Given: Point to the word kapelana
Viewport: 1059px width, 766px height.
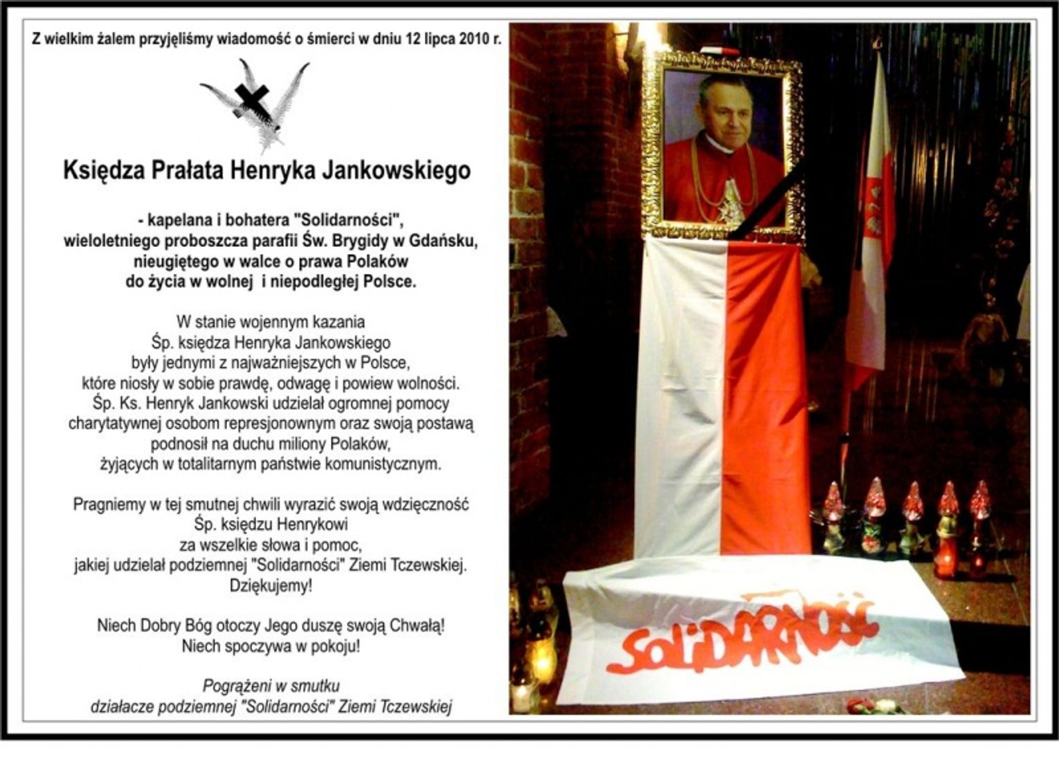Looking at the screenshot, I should click(x=179, y=221).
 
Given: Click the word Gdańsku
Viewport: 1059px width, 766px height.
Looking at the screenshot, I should click(x=443, y=241).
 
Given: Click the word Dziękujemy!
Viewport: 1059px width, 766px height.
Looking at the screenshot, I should click(x=271, y=585).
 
